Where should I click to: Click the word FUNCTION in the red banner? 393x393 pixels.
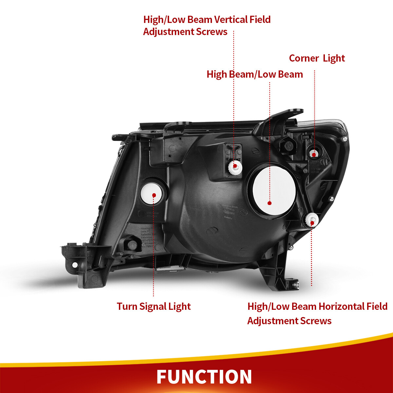[x=204, y=377]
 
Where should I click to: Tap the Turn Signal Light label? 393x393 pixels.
[x=154, y=307]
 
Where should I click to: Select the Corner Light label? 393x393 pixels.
[x=317, y=58]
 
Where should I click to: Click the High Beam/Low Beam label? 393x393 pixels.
[x=254, y=74]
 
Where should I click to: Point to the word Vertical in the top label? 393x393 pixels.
[x=232, y=20]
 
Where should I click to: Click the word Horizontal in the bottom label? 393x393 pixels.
[x=341, y=307]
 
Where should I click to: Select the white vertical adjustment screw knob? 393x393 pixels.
[x=235, y=166]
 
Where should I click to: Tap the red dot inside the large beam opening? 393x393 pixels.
[x=270, y=203]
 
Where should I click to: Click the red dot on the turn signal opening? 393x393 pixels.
[x=154, y=195]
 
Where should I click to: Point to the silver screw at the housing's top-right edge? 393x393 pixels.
[x=344, y=139]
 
